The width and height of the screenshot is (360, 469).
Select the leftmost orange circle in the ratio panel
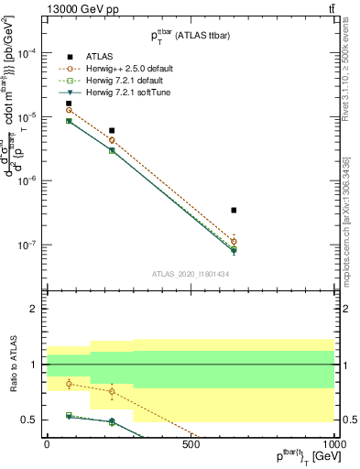[69, 384]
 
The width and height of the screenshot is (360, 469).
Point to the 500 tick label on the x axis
[191, 444]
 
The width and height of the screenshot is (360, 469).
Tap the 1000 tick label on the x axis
[334, 444]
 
